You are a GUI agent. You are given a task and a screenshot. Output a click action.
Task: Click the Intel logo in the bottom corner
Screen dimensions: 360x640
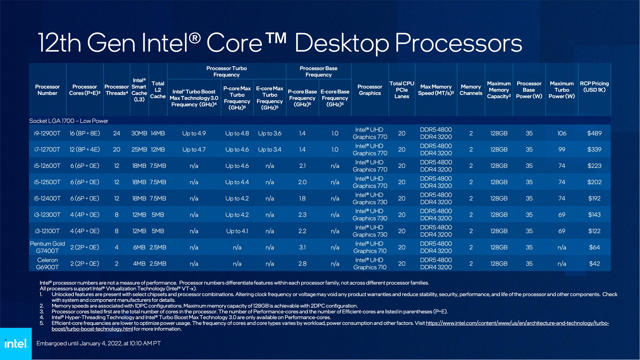coord(16,343)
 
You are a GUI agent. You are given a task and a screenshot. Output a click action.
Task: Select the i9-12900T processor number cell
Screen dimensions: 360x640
coord(47,133)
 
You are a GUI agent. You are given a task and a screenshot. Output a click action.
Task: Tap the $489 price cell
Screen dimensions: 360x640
coord(594,133)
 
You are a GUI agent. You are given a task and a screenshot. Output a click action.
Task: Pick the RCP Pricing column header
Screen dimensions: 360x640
coord(594,87)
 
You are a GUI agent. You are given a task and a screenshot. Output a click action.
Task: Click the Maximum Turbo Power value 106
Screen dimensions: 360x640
coord(562,133)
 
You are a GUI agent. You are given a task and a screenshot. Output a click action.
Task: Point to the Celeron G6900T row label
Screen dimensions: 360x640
coord(47,264)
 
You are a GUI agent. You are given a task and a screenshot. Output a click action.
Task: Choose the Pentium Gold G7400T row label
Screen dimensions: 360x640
coord(47,247)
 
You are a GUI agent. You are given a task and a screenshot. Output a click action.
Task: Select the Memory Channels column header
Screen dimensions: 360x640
coord(471,90)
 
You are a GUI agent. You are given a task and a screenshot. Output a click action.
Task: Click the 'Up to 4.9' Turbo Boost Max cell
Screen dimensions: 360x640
coord(194,133)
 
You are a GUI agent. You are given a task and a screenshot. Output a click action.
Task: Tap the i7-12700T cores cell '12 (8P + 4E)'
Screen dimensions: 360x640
coord(85,150)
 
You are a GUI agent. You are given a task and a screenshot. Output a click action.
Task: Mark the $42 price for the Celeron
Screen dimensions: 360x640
coord(594,264)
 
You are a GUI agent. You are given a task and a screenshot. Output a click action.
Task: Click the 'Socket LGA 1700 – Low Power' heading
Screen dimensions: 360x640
coord(69,121)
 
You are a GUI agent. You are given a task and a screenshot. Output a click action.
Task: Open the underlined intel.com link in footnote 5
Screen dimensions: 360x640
coord(517,323)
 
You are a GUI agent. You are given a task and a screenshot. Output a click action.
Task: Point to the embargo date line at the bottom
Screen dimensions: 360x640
coord(98,343)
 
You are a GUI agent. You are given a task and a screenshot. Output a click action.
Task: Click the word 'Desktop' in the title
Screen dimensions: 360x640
coord(341,43)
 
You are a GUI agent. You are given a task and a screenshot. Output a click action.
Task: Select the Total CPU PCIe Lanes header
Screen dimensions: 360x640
coord(402,90)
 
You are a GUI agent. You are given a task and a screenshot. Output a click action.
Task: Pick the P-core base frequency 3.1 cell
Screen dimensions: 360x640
coord(302,247)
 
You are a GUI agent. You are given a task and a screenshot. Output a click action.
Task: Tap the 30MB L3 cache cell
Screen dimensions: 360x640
coord(139,133)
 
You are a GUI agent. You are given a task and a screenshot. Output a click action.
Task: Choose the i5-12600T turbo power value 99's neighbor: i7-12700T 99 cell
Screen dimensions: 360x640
coord(562,150)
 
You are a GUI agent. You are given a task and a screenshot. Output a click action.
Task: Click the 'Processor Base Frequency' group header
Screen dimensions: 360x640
coord(318,72)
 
